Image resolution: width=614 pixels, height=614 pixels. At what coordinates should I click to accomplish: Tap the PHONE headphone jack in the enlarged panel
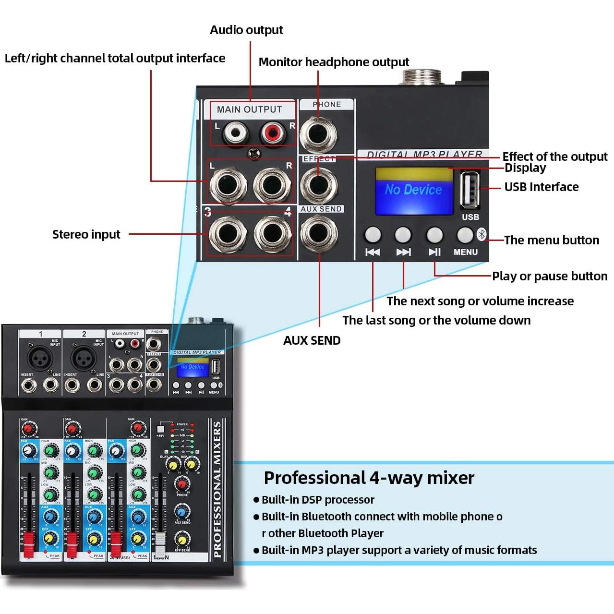pos(318,133)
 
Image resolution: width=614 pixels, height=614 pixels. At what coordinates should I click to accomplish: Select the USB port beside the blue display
pos(470,191)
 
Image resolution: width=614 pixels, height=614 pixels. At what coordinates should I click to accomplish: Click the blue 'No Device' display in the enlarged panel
pos(414,191)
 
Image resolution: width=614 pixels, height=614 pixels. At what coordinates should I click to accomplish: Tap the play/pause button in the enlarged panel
pos(434,235)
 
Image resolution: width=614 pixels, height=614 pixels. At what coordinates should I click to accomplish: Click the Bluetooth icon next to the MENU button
pos(482,234)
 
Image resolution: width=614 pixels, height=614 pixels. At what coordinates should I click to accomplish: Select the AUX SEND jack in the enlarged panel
pos(319,233)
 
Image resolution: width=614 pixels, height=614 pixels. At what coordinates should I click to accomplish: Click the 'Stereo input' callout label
pos(86,234)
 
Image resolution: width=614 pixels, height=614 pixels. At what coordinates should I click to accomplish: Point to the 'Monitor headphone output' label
pos(334,62)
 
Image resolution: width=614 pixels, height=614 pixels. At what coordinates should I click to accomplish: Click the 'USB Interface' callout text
pos(541,187)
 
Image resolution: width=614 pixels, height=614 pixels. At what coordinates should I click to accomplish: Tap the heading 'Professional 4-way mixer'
pos(369,478)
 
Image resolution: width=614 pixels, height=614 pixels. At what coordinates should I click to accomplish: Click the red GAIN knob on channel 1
pos(29,428)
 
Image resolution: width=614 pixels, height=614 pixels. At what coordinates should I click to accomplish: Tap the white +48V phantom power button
pos(161,428)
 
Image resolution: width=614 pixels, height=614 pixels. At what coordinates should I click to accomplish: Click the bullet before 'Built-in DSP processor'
pos(256,500)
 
